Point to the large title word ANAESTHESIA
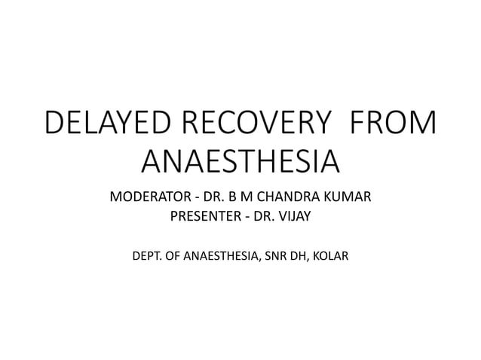tap(240, 161)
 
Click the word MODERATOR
tap(147, 199)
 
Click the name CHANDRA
tap(287, 199)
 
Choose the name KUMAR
tap(348, 199)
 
